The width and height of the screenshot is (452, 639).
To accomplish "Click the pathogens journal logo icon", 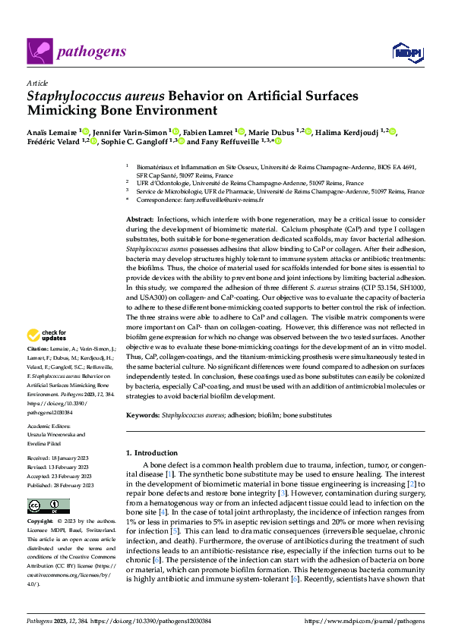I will coord(39,52).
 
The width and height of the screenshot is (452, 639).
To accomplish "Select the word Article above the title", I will coord(36,83).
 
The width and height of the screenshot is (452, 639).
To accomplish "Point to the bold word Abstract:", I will coord(140,218).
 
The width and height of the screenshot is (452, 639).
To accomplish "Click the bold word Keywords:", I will coord(143,415).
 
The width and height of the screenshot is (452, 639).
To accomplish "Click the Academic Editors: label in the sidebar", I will coord(49,427).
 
